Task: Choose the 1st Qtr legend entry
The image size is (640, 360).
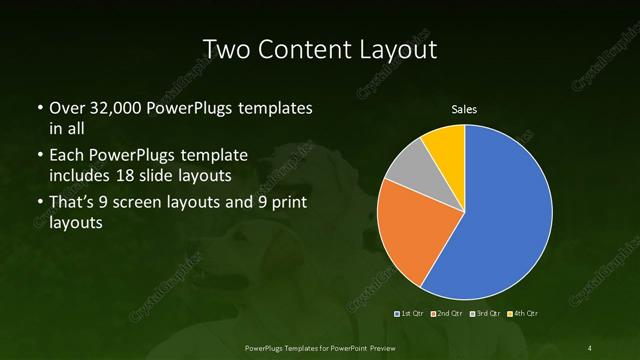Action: pos(411,314)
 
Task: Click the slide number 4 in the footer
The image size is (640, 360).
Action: pos(589,347)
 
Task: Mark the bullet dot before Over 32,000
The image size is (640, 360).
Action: pos(39,107)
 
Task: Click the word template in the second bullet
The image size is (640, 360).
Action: pos(213,156)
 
